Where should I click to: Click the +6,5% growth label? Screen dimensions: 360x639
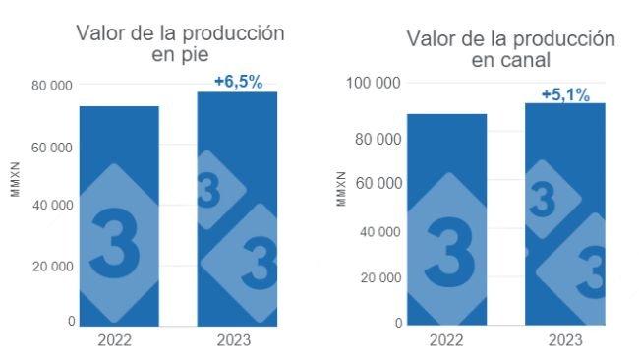[x=238, y=82]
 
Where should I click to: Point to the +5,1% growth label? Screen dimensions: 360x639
[x=565, y=94]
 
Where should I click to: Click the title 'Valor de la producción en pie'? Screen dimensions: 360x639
[x=181, y=43]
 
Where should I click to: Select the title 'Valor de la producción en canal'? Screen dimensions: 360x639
[x=510, y=49]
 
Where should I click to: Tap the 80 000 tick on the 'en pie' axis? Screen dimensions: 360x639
[x=51, y=87]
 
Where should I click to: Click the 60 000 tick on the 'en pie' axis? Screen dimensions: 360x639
[x=51, y=147]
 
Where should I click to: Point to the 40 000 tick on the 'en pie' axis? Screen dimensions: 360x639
[x=51, y=206]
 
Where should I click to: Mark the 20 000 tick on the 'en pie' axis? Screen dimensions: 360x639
[x=51, y=266]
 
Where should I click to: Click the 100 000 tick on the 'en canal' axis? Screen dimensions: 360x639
[x=374, y=83]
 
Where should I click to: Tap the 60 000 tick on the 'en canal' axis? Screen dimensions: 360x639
[x=378, y=183]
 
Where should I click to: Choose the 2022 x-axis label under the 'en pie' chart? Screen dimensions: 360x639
[x=119, y=340]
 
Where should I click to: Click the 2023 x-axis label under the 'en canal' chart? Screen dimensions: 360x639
[x=564, y=340]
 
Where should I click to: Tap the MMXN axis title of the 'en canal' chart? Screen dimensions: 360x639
[x=341, y=189]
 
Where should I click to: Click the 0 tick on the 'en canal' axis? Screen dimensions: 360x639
[x=398, y=323]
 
